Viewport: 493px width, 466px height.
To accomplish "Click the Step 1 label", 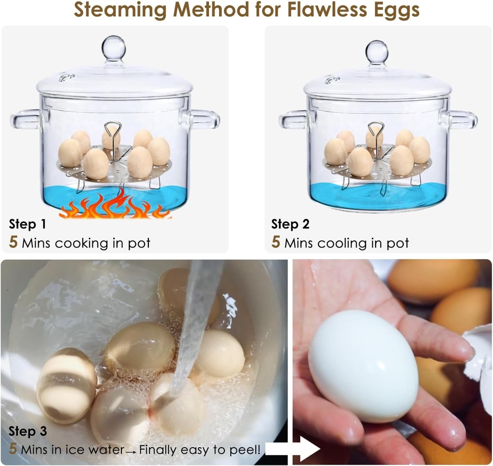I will [x=27, y=224].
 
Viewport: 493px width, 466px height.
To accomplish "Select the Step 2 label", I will [x=290, y=224].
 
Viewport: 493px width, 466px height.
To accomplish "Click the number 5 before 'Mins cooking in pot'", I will [x=13, y=242].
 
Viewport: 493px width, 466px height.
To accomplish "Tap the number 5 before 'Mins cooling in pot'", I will [x=275, y=242].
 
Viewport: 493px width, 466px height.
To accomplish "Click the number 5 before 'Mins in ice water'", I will [x=13, y=450].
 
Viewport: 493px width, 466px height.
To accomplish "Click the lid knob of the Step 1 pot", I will [x=114, y=47].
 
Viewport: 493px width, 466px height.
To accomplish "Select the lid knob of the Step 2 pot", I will [x=376, y=51].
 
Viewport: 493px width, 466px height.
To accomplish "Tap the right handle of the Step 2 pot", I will [x=463, y=120].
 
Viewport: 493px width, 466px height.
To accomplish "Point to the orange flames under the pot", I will [x=116, y=206].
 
